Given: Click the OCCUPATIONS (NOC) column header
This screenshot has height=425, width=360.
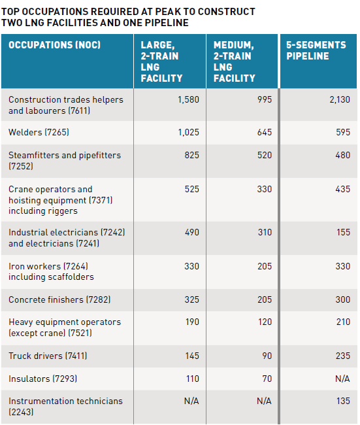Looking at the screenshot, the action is (x=54, y=44).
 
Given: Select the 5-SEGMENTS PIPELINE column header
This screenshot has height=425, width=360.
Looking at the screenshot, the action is (x=316, y=50).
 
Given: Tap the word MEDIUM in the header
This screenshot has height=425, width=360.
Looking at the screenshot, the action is (x=233, y=45).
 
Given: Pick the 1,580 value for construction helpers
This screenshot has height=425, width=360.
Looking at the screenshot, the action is (x=188, y=99).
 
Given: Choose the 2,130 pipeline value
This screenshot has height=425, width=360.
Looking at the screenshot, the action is (x=340, y=99).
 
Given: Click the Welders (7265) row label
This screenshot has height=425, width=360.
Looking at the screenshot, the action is (x=39, y=132).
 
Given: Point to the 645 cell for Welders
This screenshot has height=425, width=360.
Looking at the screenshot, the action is (x=265, y=132).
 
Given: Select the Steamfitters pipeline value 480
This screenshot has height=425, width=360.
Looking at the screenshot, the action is (x=342, y=155).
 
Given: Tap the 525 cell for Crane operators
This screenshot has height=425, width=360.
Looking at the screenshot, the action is (x=192, y=189).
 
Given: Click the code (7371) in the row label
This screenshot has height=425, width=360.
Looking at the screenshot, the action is (x=101, y=200).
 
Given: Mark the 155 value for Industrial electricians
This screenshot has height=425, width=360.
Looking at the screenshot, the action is (x=343, y=232).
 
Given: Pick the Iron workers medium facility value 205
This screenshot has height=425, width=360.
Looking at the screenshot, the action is (x=265, y=266).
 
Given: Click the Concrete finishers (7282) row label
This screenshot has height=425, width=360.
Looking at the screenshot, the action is (x=59, y=299).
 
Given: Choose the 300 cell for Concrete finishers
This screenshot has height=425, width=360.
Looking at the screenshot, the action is (x=342, y=299).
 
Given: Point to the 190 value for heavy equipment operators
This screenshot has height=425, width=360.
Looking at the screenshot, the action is (x=192, y=322).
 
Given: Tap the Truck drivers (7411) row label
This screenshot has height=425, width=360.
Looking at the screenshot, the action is (x=48, y=356).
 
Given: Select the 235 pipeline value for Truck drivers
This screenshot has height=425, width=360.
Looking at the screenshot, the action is (x=343, y=356).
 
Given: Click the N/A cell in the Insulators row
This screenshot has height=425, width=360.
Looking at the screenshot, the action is (x=342, y=379).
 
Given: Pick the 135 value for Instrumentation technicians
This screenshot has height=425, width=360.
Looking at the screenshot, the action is (x=343, y=401).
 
